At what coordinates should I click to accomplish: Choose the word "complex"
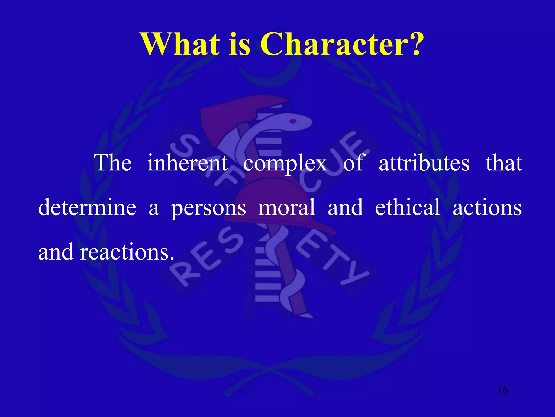click(285, 163)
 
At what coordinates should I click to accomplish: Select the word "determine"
click(87, 207)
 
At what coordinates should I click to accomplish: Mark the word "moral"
click(287, 207)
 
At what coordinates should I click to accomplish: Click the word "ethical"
click(408, 207)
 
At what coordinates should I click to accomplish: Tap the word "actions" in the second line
click(487, 207)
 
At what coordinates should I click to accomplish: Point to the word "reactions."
click(127, 252)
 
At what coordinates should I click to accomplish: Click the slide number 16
click(502, 390)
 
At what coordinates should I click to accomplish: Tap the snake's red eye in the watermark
click(293, 121)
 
